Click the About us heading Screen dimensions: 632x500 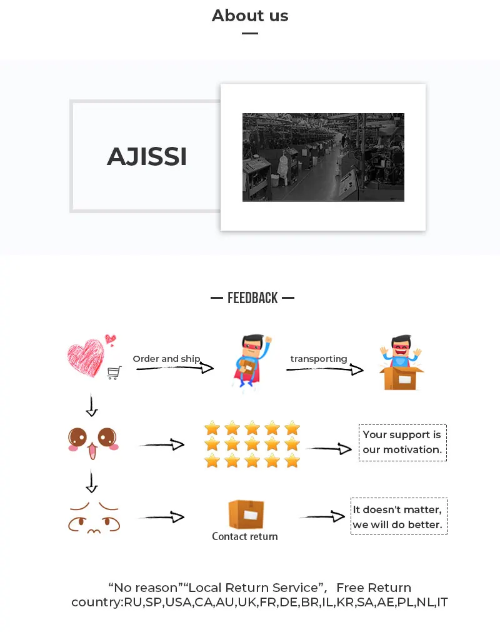pos(250,16)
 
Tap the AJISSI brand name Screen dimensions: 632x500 pos(147,156)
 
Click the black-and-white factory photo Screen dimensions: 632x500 pos(323,158)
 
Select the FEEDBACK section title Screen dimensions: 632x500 pos(252,298)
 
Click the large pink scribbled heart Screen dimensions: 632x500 pos(86,357)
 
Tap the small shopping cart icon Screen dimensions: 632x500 pos(114,373)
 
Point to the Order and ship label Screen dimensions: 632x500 pos(166,359)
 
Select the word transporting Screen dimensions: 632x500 pos(319,359)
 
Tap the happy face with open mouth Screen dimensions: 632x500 pos(92,441)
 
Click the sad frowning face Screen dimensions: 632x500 pos(93,517)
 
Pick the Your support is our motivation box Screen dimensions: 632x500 pos(402,443)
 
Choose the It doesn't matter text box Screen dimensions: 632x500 pos(399,516)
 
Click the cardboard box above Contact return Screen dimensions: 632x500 pos(246,514)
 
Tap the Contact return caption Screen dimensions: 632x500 pos(245,536)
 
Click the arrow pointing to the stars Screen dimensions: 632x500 pos(161,445)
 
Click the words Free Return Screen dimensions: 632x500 pos(374,588)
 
